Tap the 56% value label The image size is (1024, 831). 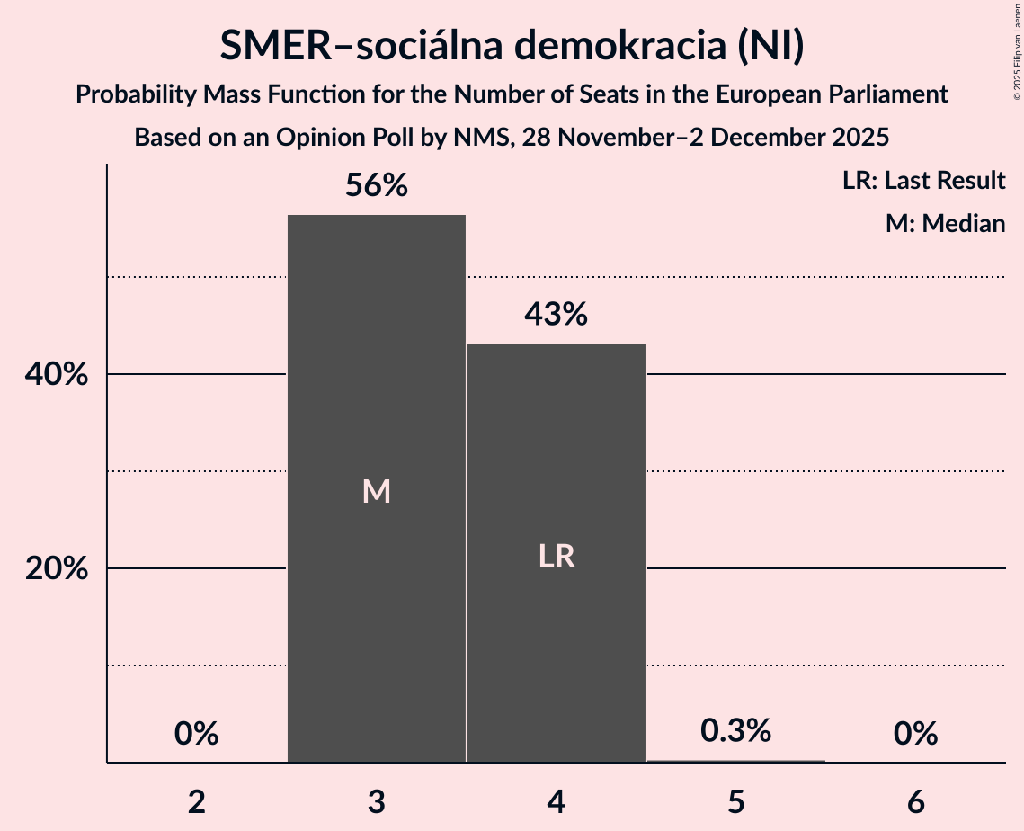pos(377,186)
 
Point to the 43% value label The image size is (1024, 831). pos(557,315)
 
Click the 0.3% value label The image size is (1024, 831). pos(736,731)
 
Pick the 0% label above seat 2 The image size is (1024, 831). pos(197,734)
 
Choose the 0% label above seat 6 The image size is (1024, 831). pos(916,734)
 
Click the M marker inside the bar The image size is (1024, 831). pos(376,491)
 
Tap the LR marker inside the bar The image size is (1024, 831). pos(557,557)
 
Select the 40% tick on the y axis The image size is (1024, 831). pos(56,375)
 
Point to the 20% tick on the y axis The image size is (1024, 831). pos(56,569)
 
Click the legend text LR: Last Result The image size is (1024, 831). pos(923,181)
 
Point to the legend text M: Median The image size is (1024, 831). pos(945,223)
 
